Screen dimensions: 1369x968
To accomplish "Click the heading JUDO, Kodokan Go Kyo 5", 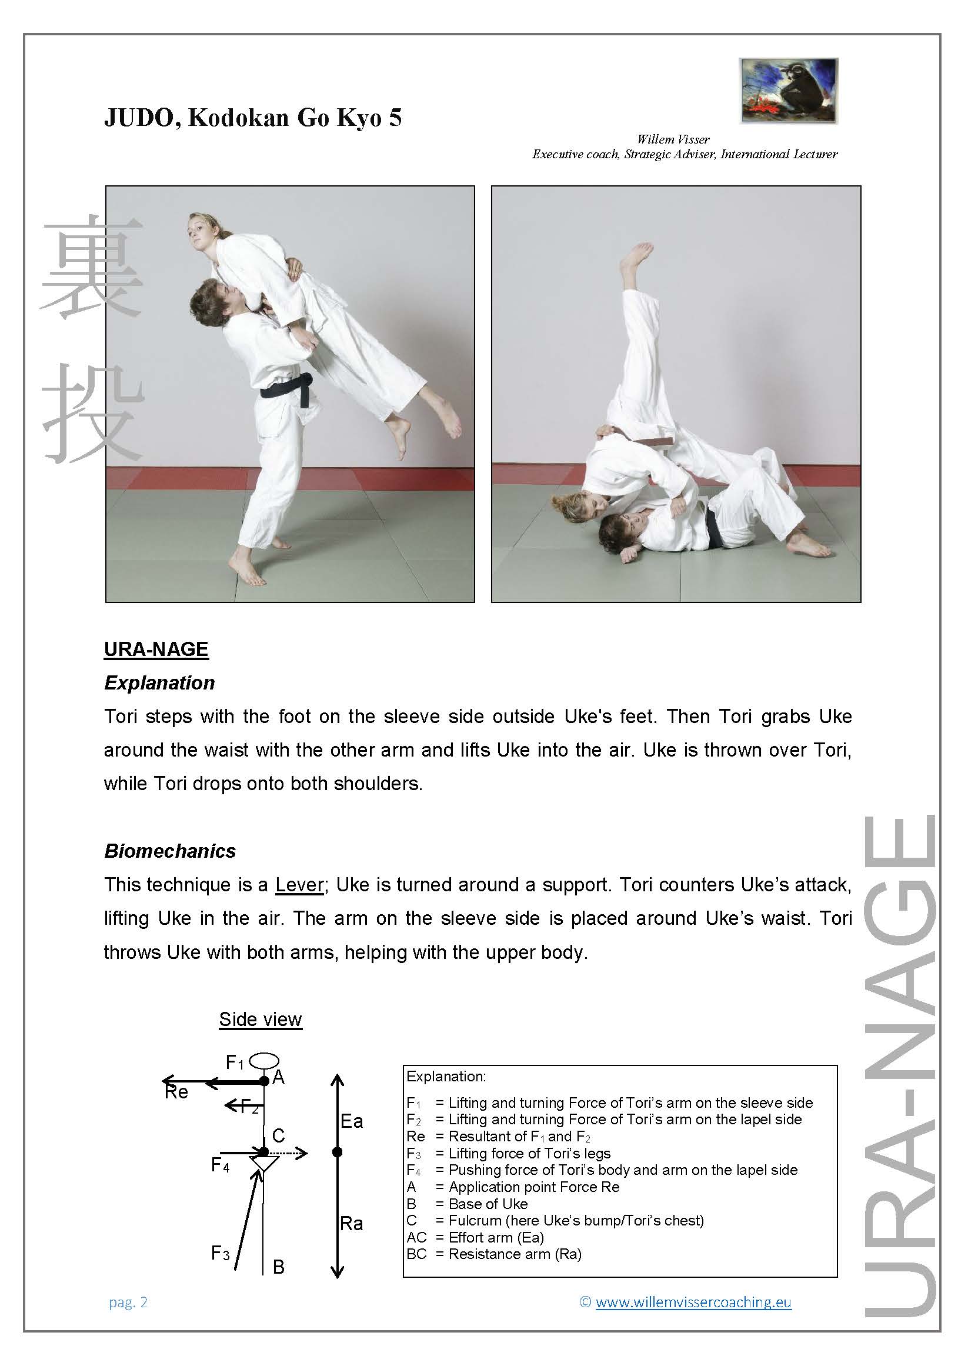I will click(253, 118).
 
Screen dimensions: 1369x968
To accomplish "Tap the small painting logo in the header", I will click(788, 91).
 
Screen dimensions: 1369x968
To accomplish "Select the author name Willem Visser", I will click(673, 139).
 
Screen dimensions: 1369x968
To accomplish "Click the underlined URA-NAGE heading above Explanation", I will click(156, 649).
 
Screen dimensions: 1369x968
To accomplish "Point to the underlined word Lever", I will click(299, 884).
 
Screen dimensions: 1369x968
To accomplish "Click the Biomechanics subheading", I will click(170, 851).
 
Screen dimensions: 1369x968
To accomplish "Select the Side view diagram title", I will click(261, 1019).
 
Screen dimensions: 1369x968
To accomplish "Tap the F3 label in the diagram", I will click(221, 1253).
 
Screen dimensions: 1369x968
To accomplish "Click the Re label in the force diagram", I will click(176, 1092).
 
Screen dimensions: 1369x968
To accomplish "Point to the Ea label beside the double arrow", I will click(352, 1121).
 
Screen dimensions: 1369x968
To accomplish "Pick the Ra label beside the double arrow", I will click(352, 1224).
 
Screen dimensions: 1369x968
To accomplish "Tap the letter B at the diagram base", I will click(278, 1267).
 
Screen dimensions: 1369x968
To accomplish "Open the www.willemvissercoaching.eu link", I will click(693, 1302).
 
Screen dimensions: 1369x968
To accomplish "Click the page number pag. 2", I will click(128, 1302).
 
